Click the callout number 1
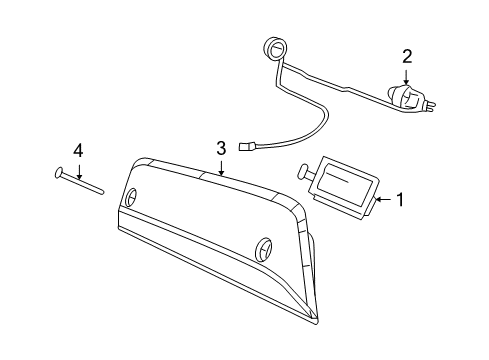click(401, 200)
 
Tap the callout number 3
click(221, 148)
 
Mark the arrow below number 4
click(77, 169)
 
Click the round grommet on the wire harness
click(272, 46)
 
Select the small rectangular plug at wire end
click(249, 151)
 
